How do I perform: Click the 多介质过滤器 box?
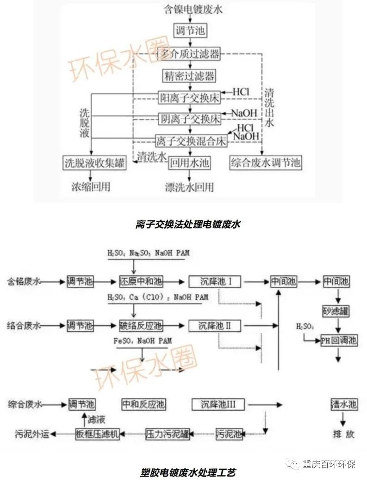(189, 54)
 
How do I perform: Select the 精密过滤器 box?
(189, 75)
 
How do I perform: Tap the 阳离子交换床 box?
(189, 97)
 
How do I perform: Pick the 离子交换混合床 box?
(191, 140)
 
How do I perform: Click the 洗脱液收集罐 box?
(94, 163)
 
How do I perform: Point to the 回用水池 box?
(189, 163)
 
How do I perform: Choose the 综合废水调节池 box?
(265, 163)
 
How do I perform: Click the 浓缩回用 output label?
(91, 187)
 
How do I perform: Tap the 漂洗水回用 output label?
(190, 187)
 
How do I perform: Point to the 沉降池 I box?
(216, 281)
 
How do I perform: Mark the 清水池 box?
(343, 404)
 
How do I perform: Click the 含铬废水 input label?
(24, 281)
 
